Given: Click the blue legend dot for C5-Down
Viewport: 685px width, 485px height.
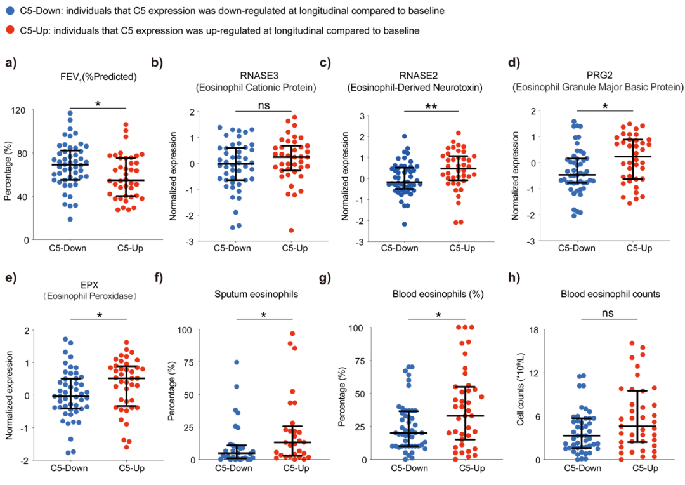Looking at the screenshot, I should pos(9,11).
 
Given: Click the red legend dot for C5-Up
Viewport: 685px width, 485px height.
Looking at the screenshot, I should pos(9,30).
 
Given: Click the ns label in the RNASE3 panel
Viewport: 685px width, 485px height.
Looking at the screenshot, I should pos(264,105).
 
